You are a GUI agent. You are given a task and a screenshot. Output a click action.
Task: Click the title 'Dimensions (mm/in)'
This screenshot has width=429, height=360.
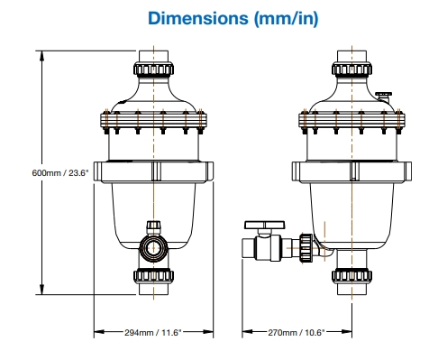[x=233, y=18]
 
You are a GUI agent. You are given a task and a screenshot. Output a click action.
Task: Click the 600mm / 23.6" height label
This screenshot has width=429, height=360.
[x=60, y=173]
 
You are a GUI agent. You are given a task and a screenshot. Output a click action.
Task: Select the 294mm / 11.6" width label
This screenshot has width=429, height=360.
[x=153, y=332]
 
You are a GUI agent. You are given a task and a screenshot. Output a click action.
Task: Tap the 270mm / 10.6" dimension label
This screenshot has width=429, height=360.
[x=297, y=332]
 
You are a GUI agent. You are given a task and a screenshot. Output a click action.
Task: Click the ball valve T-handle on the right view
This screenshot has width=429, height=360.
[x=264, y=225]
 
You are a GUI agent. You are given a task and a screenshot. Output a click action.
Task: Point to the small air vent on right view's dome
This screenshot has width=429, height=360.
[x=384, y=97]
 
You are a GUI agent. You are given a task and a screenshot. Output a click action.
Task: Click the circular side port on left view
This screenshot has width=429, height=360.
[x=153, y=248]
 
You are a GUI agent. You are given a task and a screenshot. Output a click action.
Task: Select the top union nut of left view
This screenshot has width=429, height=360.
[x=153, y=69]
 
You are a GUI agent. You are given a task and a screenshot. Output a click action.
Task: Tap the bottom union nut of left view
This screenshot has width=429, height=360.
[x=153, y=276]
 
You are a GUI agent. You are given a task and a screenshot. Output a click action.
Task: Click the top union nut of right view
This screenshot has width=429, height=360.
[x=351, y=69]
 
